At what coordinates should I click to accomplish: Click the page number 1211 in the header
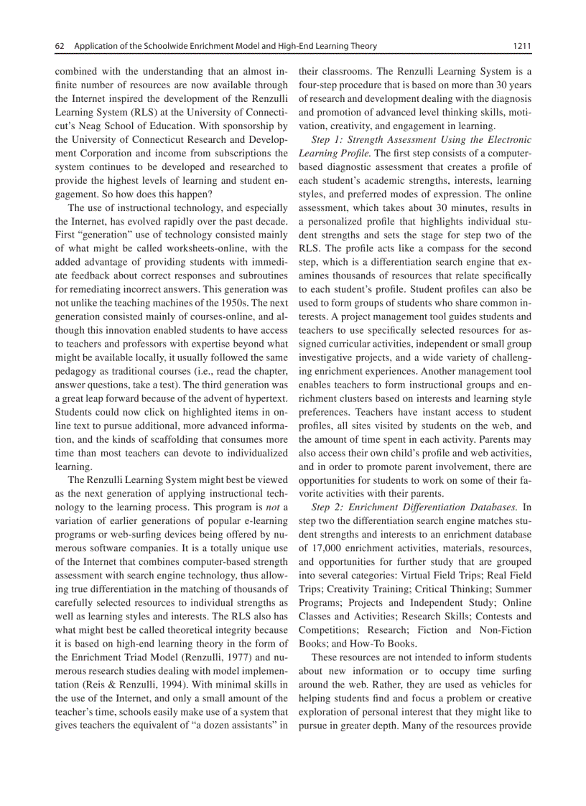coord(521,47)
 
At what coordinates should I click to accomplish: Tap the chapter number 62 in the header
coord(60,47)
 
